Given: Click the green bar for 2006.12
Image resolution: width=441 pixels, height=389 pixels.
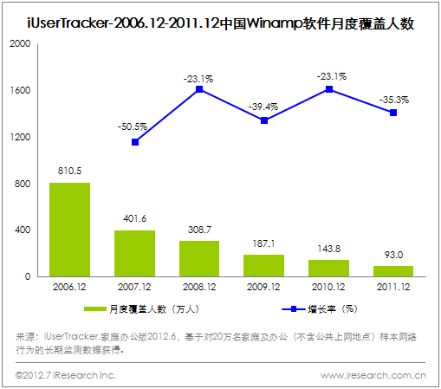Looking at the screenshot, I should [69, 230].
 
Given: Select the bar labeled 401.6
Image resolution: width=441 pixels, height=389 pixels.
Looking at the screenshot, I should [134, 253].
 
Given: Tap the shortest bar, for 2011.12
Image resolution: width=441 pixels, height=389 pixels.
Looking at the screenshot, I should [394, 271].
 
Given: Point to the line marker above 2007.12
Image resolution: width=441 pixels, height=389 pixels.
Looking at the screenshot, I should [134, 142].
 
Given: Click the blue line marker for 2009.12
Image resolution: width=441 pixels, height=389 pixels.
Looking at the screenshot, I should [264, 120].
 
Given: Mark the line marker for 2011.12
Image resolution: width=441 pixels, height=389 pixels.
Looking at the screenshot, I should [394, 113].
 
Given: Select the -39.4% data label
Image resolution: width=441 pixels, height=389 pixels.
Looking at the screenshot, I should [264, 105].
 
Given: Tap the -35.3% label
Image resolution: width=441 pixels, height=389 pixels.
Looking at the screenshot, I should [394, 100].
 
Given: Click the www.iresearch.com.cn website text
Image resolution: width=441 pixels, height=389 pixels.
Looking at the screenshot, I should [373, 375].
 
